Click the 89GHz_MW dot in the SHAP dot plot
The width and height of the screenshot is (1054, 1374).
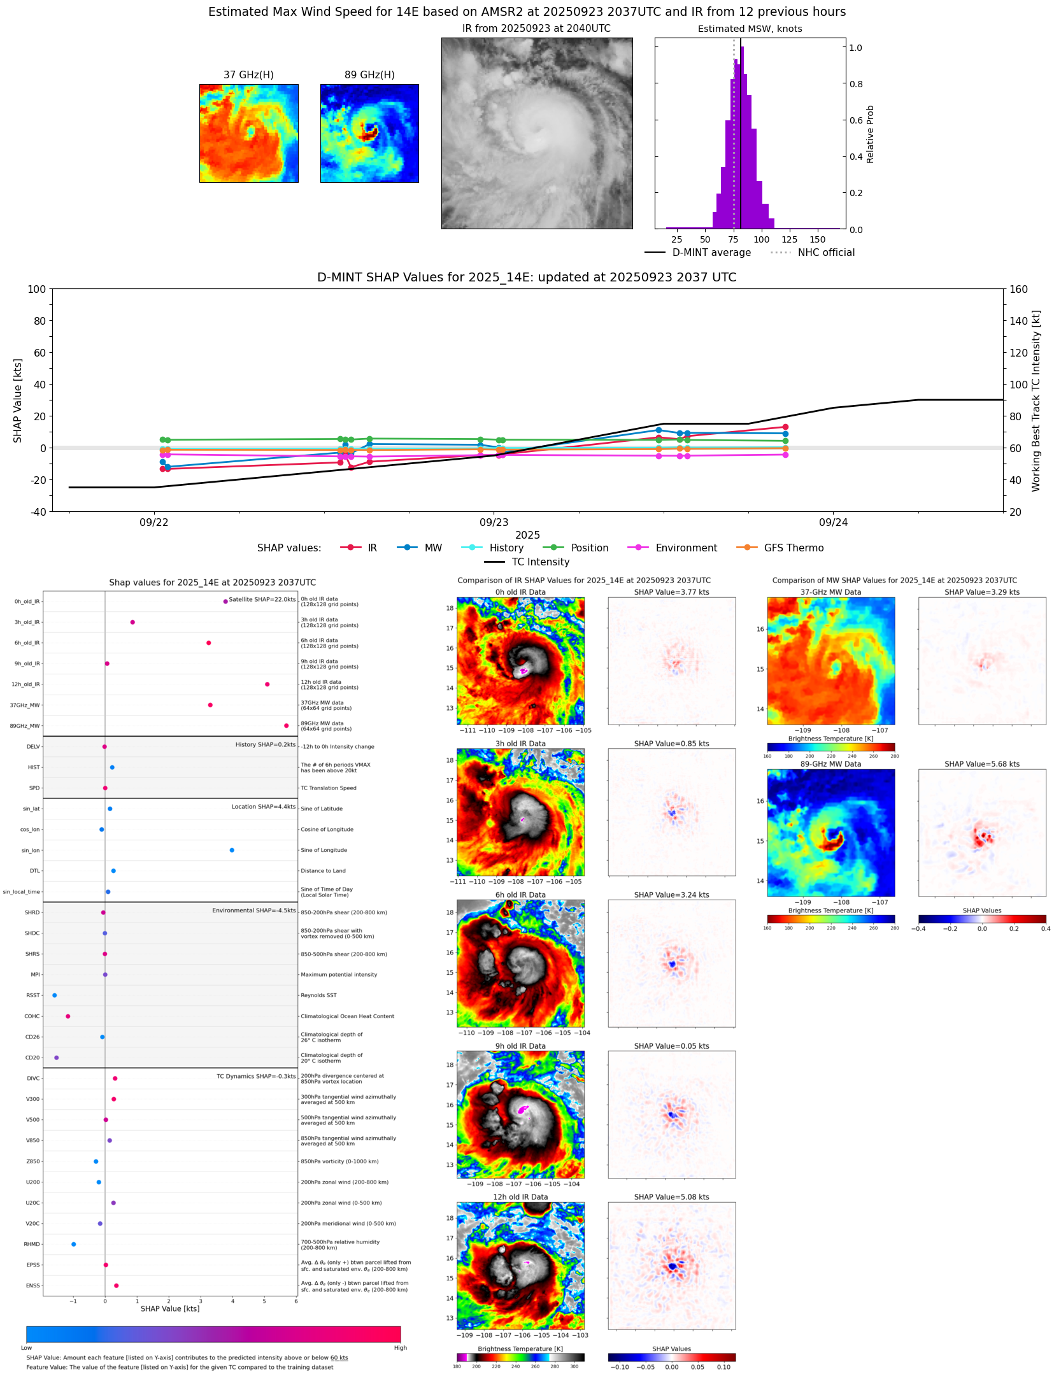pos(286,725)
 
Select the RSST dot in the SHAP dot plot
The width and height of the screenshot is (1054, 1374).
pos(55,995)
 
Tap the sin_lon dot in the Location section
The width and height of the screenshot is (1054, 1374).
pos(232,850)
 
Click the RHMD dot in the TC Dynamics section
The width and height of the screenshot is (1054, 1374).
pos(74,1244)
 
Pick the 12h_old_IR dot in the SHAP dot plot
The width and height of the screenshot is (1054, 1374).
pos(267,684)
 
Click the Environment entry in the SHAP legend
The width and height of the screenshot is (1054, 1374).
pos(686,548)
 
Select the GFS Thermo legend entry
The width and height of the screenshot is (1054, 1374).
pos(794,548)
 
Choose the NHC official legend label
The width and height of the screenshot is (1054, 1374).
pos(826,253)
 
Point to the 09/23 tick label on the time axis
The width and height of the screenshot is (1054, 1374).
pos(494,523)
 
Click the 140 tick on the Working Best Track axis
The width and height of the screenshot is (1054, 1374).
pos(1019,321)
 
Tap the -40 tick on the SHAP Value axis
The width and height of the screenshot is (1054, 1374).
pos(37,512)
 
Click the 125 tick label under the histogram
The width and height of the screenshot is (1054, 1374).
pos(789,239)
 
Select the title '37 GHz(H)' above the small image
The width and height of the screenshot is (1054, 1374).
pos(248,75)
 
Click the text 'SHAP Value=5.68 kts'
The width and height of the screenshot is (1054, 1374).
pos(981,764)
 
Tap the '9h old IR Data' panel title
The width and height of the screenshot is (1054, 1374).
pos(520,1046)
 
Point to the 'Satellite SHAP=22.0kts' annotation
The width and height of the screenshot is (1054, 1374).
pos(262,600)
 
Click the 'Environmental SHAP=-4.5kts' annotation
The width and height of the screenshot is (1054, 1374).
pos(253,910)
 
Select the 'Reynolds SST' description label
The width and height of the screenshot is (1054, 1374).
pos(318,995)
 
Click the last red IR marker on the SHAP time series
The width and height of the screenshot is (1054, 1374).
pos(785,427)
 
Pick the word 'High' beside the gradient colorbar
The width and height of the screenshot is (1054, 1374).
pos(400,1348)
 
